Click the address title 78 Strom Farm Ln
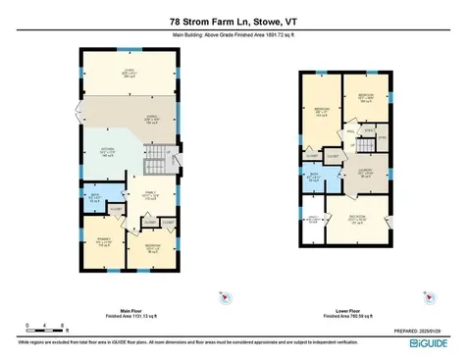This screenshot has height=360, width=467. tap(233, 22)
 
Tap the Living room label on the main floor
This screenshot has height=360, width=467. tap(128, 71)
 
